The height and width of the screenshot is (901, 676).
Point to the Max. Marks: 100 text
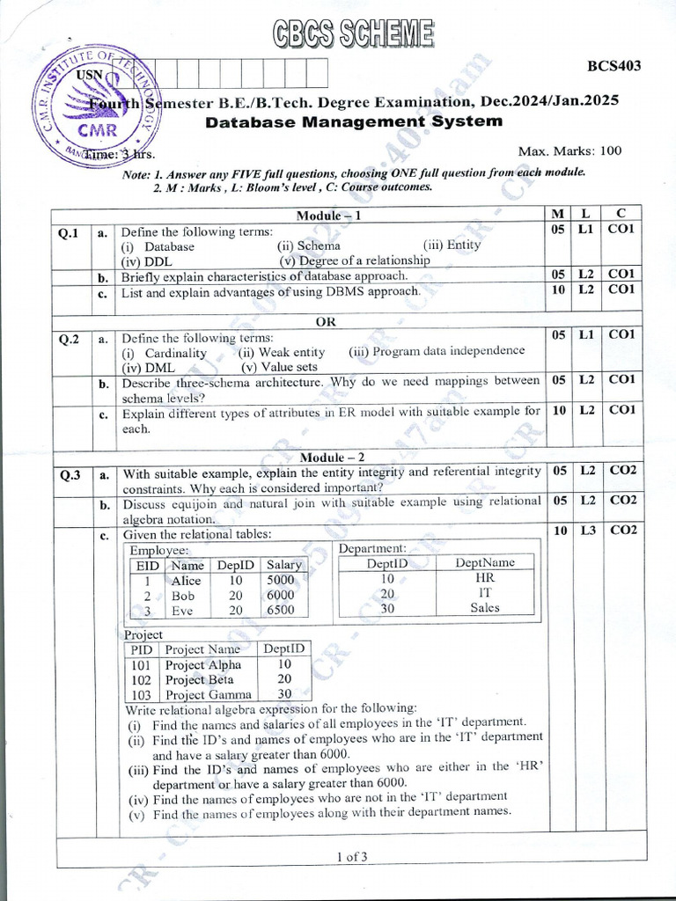(x=569, y=150)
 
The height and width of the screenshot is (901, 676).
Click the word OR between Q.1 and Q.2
(x=326, y=321)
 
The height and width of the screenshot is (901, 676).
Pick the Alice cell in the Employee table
(x=186, y=581)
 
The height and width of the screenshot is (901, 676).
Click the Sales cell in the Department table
(x=484, y=607)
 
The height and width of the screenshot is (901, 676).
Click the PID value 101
(x=141, y=665)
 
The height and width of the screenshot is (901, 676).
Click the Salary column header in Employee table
(x=283, y=565)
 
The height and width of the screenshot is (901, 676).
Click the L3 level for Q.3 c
(x=587, y=531)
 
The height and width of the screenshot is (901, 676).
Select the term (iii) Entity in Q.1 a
(x=452, y=245)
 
